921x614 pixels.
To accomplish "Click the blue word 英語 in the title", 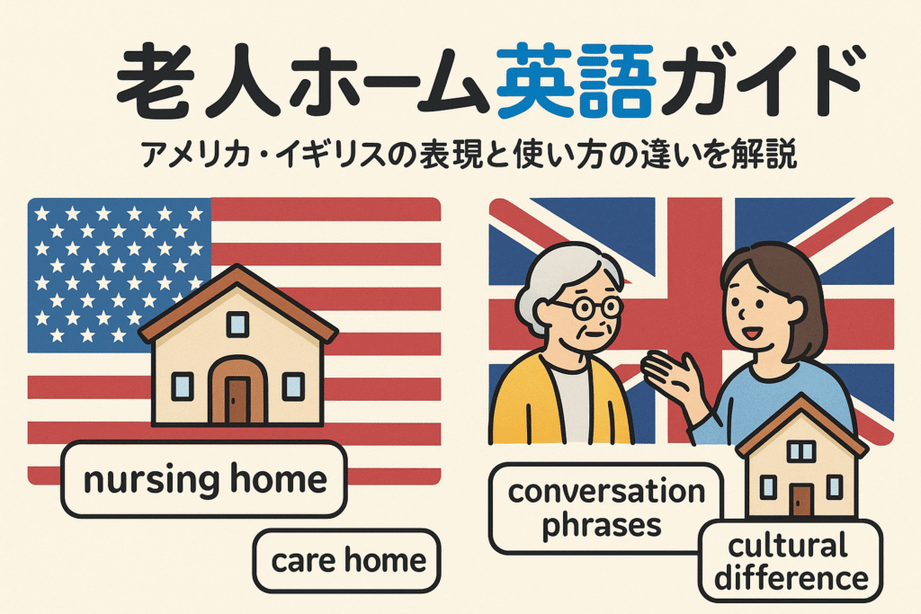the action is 577,81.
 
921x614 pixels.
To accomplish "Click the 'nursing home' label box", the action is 204,479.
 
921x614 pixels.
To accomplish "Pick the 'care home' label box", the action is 346,561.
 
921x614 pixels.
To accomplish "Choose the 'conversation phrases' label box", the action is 605,508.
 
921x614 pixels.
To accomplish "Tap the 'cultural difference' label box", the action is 791,561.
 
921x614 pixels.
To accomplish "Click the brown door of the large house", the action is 237,400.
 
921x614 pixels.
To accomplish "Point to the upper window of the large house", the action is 237,324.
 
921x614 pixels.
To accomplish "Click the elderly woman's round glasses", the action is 586,307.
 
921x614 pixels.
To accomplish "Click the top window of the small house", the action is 800,450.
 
